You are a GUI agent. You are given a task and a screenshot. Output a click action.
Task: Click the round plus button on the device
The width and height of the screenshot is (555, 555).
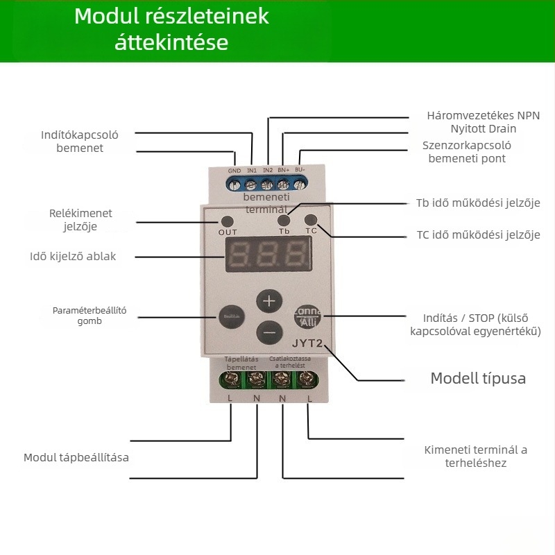click(270, 302)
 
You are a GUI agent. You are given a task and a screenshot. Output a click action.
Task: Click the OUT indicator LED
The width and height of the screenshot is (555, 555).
click(227, 220)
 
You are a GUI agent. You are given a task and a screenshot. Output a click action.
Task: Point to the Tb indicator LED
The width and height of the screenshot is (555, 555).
click(284, 219)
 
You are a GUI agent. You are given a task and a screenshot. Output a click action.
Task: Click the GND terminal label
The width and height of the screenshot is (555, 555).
click(234, 171)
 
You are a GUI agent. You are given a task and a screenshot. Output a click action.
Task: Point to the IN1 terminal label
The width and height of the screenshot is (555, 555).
click(251, 171)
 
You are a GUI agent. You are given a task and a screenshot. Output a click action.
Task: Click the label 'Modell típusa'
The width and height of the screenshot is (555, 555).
click(478, 379)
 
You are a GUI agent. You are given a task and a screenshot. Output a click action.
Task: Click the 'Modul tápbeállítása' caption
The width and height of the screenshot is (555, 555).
click(76, 458)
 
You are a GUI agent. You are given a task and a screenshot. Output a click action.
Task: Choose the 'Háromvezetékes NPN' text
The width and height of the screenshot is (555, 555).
click(483, 116)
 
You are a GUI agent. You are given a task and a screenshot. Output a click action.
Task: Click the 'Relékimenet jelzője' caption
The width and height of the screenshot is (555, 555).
click(80, 220)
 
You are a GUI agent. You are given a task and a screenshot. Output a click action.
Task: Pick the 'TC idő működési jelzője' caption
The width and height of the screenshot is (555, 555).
click(478, 235)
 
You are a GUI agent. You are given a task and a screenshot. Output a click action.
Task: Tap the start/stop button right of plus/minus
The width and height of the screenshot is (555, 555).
click(309, 317)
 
